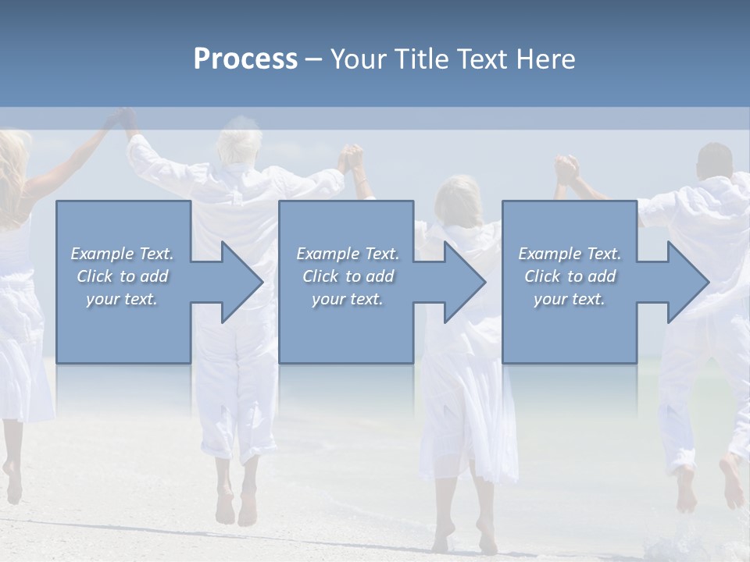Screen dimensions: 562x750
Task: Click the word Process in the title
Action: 245,59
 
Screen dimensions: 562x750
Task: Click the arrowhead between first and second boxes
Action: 241,282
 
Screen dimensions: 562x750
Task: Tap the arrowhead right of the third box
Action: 687,282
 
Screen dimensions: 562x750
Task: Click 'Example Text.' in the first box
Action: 123,254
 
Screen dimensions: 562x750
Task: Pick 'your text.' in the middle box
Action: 348,299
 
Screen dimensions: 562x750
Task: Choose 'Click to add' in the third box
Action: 570,276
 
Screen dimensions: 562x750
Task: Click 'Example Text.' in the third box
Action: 570,254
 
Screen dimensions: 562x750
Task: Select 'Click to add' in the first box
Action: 123,276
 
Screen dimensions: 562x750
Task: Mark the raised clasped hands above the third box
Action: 567,169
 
